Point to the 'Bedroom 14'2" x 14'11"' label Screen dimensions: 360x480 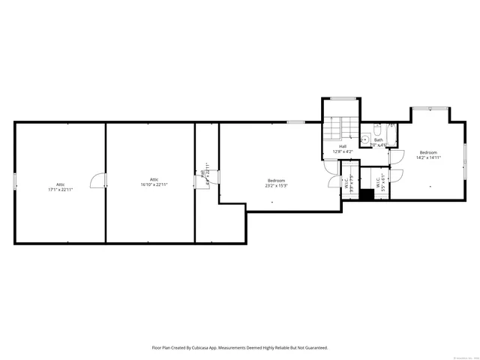click(428, 155)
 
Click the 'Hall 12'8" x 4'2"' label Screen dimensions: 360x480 click(343, 148)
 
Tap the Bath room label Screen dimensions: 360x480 click(378, 142)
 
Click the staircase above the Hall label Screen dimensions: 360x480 click(339, 127)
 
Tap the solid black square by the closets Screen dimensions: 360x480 click(366, 194)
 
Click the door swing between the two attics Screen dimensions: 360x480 click(97, 181)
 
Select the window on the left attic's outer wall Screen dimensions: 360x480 click(14, 181)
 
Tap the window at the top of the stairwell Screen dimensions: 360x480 click(343, 98)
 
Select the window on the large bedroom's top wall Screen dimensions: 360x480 click(295, 122)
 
